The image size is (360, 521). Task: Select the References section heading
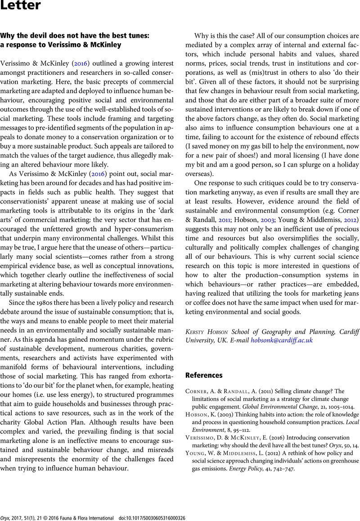point(204,375)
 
